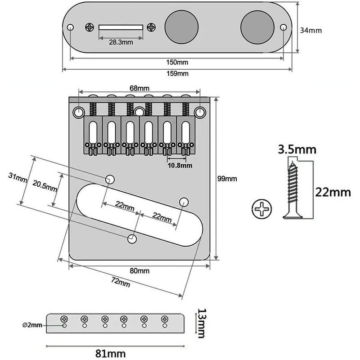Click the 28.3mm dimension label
pos(121,43)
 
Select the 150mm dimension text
pos(177,62)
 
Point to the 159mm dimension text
pos(177,73)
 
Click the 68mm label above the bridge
pos(139,88)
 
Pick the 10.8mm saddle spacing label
pos(180,165)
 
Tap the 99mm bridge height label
pos(227,179)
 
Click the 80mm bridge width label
pos(139,271)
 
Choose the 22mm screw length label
pos(333,193)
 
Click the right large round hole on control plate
pos(257,27)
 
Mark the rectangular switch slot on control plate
pos(121,27)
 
